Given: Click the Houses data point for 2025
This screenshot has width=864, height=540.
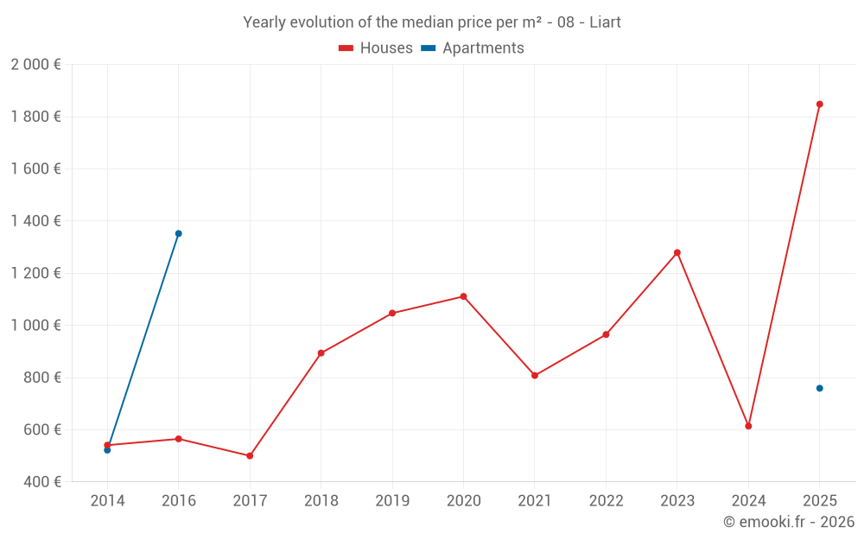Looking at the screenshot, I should pyautogui.click(x=819, y=105).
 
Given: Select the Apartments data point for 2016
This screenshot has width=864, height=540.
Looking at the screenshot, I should pyautogui.click(x=179, y=233).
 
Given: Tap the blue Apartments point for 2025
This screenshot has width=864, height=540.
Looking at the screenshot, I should pyautogui.click(x=819, y=388).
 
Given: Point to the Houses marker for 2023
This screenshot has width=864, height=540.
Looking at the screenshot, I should pyautogui.click(x=677, y=252).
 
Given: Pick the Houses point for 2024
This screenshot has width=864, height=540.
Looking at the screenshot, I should pyautogui.click(x=748, y=426).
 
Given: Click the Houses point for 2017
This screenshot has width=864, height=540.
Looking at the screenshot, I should pyautogui.click(x=250, y=455).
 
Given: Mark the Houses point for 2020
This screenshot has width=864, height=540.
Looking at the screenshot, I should pyautogui.click(x=463, y=296).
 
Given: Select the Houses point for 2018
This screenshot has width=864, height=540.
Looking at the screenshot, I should pyautogui.click(x=321, y=353).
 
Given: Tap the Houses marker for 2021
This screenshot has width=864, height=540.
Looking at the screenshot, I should pyautogui.click(x=535, y=375).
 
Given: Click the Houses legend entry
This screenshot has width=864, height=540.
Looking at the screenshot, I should pyautogui.click(x=376, y=48).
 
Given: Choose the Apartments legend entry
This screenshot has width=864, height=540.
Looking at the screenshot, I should pyautogui.click(x=473, y=48).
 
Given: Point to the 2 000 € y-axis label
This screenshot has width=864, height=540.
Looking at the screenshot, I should pyautogui.click(x=35, y=65).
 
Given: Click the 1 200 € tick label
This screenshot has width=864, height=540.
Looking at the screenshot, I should pyautogui.click(x=35, y=274).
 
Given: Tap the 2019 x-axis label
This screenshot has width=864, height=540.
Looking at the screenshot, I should pyautogui.click(x=392, y=500).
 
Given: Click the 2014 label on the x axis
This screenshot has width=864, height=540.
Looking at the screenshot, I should pyautogui.click(x=107, y=500).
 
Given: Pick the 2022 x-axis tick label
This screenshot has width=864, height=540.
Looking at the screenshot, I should pyautogui.click(x=606, y=500).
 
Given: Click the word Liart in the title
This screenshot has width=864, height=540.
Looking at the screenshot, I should pyautogui.click(x=605, y=22).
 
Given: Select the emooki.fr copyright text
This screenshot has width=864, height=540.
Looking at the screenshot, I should pyautogui.click(x=789, y=522).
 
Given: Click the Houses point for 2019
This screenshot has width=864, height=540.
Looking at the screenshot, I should pyautogui.click(x=392, y=313).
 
